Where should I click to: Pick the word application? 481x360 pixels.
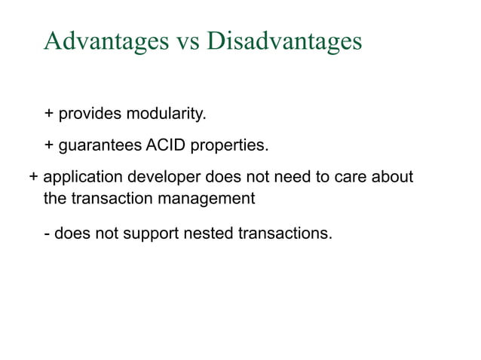tap(80, 178)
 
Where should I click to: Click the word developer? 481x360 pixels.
tap(154, 178)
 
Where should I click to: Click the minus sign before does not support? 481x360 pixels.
tap(47, 233)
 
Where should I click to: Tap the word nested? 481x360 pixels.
tap(209, 233)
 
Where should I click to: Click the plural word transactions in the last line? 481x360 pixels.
tap(285, 233)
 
